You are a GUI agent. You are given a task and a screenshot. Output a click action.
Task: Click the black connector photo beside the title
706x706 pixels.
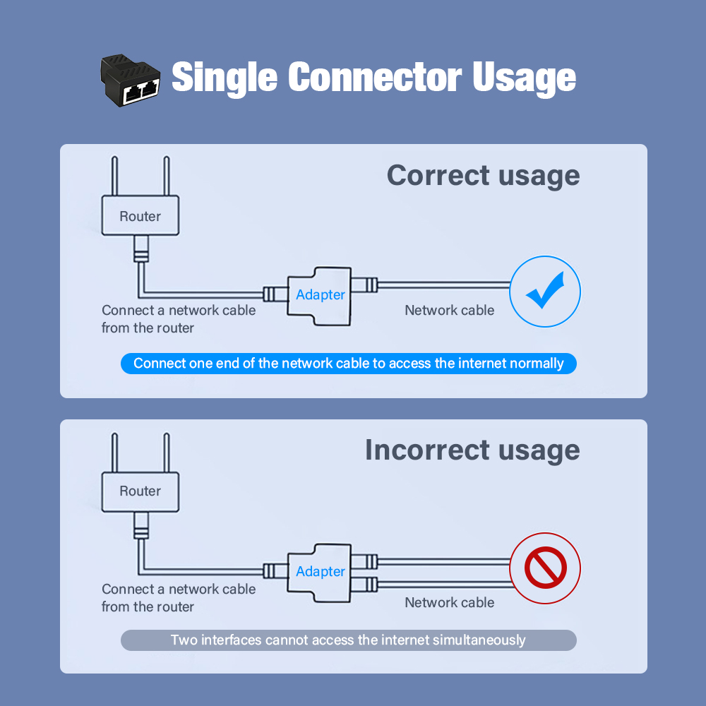coord(129,80)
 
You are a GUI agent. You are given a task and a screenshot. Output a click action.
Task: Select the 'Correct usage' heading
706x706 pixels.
coord(483,175)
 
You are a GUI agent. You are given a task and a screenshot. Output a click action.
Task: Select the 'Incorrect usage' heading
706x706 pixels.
coord(472,450)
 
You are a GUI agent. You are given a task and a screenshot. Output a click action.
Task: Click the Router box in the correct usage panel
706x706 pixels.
coord(140,216)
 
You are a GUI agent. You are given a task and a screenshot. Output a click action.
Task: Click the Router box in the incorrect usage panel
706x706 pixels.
coord(140,491)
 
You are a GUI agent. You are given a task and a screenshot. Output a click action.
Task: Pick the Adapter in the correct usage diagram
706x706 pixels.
coord(320,294)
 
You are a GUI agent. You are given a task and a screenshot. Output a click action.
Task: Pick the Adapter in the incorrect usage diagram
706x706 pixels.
coord(320,571)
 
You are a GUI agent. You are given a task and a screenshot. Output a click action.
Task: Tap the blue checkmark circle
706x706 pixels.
coord(544,292)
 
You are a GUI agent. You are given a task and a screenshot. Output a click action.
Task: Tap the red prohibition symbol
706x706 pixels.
coord(545,568)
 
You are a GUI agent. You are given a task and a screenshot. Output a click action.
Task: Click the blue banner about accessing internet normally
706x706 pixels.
coord(349,364)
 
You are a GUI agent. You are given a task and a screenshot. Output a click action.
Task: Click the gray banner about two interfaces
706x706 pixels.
coord(349,640)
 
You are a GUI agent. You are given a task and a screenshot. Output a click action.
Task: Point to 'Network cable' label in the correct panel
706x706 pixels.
coord(449,310)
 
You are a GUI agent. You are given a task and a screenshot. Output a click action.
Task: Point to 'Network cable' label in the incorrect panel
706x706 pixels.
coord(449,602)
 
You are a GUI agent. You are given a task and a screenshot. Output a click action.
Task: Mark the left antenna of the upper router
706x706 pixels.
coord(115,176)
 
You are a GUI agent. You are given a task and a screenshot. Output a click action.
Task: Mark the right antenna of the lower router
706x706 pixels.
coord(167,452)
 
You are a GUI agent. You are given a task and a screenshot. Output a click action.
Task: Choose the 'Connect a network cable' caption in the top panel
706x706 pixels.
coord(179,318)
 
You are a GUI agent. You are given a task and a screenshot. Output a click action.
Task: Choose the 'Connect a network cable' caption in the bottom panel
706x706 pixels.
coord(179,597)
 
